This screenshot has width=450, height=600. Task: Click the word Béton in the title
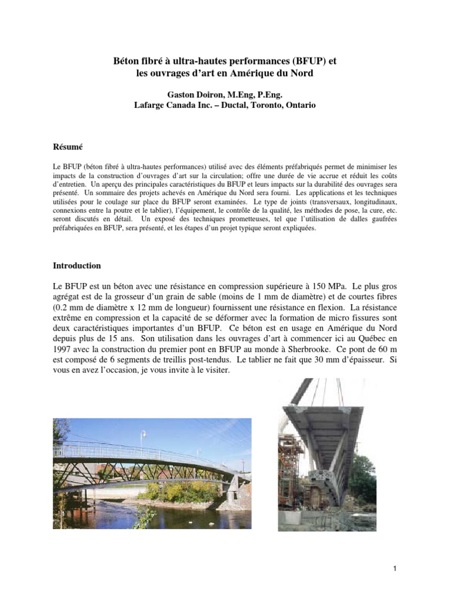click(x=127, y=60)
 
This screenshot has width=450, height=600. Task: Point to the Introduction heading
click(x=77, y=265)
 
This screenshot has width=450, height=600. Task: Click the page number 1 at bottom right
click(x=397, y=568)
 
